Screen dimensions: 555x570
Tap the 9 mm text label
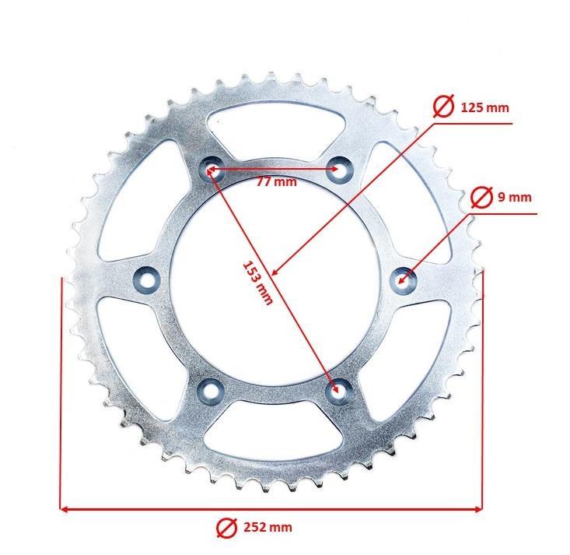(514, 198)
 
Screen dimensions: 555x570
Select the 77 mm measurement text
(276, 182)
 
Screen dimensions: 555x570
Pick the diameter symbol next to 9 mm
(481, 198)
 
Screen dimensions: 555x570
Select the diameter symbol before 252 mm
(226, 528)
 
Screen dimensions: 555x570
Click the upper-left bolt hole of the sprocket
(211, 168)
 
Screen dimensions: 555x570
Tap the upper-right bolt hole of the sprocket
(337, 168)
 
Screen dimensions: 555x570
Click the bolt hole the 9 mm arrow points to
(403, 276)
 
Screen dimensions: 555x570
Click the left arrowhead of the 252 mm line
(65, 509)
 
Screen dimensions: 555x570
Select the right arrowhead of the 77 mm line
(332, 168)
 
